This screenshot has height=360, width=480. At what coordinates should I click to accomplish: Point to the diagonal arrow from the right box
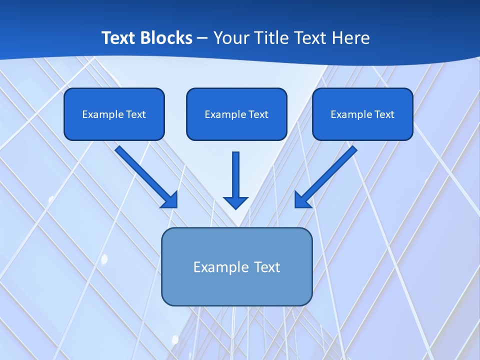327,175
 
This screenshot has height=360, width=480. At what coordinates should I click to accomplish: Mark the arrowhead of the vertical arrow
235,202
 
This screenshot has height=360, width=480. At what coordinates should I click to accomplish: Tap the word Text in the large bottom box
267,267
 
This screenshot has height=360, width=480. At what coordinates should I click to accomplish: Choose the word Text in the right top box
384,114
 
